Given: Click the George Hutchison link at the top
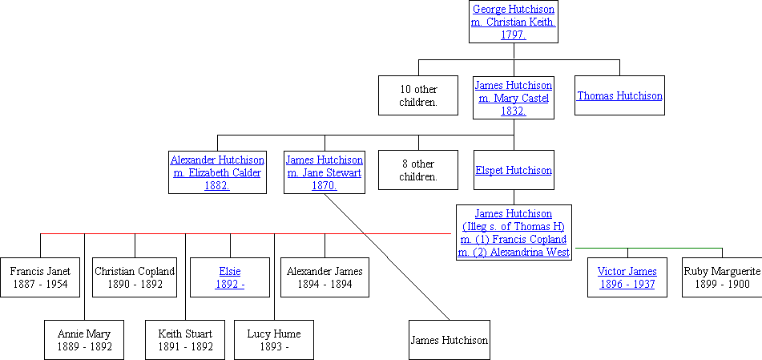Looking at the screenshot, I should [513, 10].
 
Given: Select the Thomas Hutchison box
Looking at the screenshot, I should [619, 95].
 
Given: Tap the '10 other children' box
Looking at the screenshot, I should [418, 95].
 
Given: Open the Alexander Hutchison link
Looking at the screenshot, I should [217, 160].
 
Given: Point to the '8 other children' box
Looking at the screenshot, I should [418, 170].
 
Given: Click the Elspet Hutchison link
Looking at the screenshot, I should [514, 170].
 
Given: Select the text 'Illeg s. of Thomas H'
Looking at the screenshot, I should [514, 226].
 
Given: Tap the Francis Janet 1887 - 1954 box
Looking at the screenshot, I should [40, 277].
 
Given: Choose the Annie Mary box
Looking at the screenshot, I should [84, 339].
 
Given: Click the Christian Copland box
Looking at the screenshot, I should [135, 277].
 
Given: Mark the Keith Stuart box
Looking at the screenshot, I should [185, 339].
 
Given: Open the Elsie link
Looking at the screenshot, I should [230, 272].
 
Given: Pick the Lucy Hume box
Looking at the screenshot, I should [274, 339].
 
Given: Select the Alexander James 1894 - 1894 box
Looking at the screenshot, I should [325, 277].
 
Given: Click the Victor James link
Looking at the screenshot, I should [627, 272].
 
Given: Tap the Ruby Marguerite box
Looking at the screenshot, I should [722, 277].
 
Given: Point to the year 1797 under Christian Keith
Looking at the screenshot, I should [513, 34].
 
